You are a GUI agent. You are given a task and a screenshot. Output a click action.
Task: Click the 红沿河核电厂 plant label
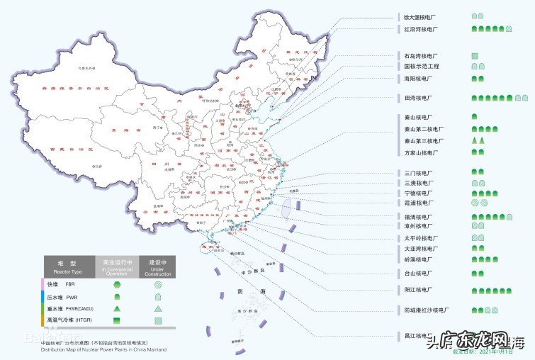point(420,30)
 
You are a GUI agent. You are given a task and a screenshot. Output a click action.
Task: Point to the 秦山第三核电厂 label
point(424,141)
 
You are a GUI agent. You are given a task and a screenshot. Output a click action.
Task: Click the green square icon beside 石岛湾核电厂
point(475,55)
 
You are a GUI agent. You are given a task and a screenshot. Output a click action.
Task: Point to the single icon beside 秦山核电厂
point(475,116)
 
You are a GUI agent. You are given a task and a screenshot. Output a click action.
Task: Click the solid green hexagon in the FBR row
point(116,284)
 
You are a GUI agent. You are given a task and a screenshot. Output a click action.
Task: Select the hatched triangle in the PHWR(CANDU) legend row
point(157,309)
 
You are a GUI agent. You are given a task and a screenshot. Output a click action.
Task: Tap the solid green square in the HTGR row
point(116,321)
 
